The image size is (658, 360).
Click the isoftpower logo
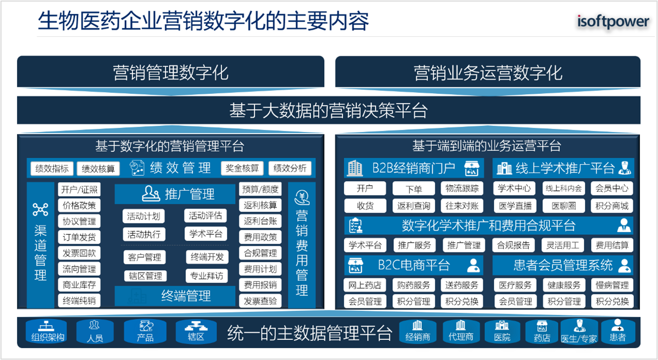pos(613,21)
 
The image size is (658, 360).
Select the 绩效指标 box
pos(52,169)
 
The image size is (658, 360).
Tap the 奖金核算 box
pos(242,168)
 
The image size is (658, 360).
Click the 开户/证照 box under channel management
pos(79,189)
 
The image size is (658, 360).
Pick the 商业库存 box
pos(79,284)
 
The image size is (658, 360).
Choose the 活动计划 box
pos(144,216)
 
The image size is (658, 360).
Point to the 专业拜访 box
pos(207,276)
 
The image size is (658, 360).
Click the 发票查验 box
pos(261,301)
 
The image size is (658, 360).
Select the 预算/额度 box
pos(261,189)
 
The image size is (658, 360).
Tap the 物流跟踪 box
pos(462,188)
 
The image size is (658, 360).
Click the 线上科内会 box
pos(564,188)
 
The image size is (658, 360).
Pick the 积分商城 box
pos(612,206)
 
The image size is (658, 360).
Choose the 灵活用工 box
pos(562,245)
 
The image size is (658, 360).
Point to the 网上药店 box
pos(365,285)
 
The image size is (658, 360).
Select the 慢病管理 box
pos(612,285)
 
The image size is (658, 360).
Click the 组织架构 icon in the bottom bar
pos(47,331)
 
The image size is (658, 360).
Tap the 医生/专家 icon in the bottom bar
pos(579,331)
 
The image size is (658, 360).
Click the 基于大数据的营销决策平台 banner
pos(329,110)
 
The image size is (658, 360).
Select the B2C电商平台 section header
pos(414,265)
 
